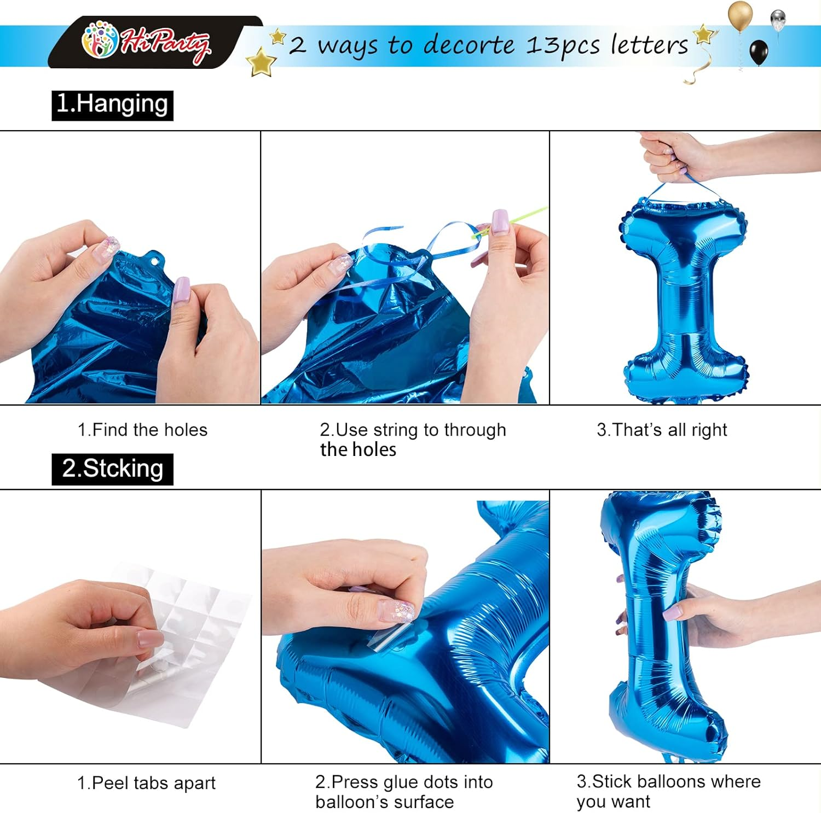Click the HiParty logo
147,42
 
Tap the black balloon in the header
758,52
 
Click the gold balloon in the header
740,15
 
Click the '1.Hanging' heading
112,104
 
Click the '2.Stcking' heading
112,469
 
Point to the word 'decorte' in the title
469,45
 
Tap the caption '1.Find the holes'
142,430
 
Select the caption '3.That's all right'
662,430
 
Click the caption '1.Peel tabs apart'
146,783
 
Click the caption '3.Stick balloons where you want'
668,791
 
